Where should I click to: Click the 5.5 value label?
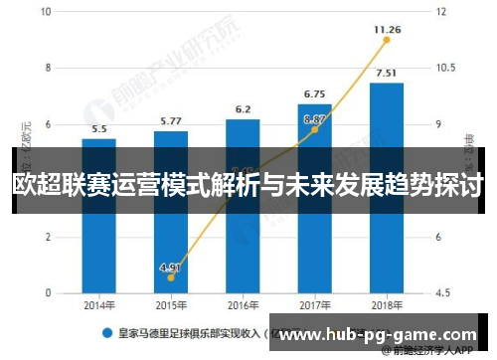coord(99,128)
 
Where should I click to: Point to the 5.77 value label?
coord(171,120)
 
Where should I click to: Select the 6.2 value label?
coord(243,109)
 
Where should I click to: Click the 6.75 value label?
coord(314,93)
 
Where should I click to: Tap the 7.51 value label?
coord(387,73)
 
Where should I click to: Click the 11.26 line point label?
coord(387,30)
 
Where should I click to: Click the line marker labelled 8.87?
coord(314,129)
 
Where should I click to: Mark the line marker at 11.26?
coord(387,42)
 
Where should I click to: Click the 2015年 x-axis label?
coord(171,305)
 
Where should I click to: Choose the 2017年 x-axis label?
coord(314,305)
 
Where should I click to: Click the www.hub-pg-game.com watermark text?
coord(379,336)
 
